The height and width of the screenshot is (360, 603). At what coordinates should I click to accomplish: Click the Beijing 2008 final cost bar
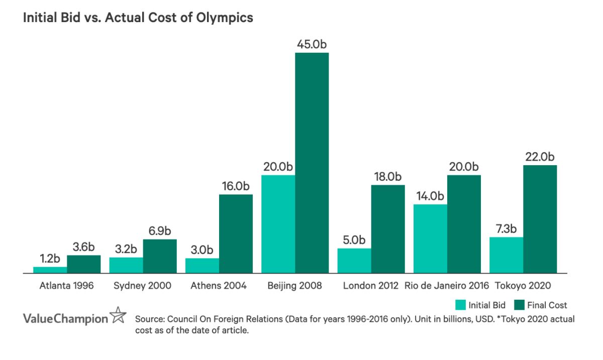(312, 163)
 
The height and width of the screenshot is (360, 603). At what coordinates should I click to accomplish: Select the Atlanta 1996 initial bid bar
(50, 270)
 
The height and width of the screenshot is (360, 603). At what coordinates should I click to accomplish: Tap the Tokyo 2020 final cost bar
(540, 219)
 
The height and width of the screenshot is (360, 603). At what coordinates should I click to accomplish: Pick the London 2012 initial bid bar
(354, 261)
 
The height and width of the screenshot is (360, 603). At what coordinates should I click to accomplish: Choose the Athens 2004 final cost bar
(236, 233)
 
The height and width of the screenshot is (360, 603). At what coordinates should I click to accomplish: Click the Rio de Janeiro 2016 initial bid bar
(430, 238)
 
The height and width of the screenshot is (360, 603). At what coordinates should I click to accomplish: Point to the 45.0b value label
(312, 44)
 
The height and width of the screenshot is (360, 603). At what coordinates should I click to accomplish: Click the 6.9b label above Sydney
(160, 231)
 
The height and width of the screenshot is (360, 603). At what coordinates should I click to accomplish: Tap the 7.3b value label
(506, 228)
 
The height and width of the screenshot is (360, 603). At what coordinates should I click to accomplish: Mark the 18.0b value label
(387, 176)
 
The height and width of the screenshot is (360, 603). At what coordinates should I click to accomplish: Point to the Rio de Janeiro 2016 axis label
(447, 286)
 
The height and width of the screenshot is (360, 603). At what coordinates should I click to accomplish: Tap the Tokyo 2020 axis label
(523, 286)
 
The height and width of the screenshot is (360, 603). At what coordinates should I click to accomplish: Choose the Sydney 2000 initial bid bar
(126, 265)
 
